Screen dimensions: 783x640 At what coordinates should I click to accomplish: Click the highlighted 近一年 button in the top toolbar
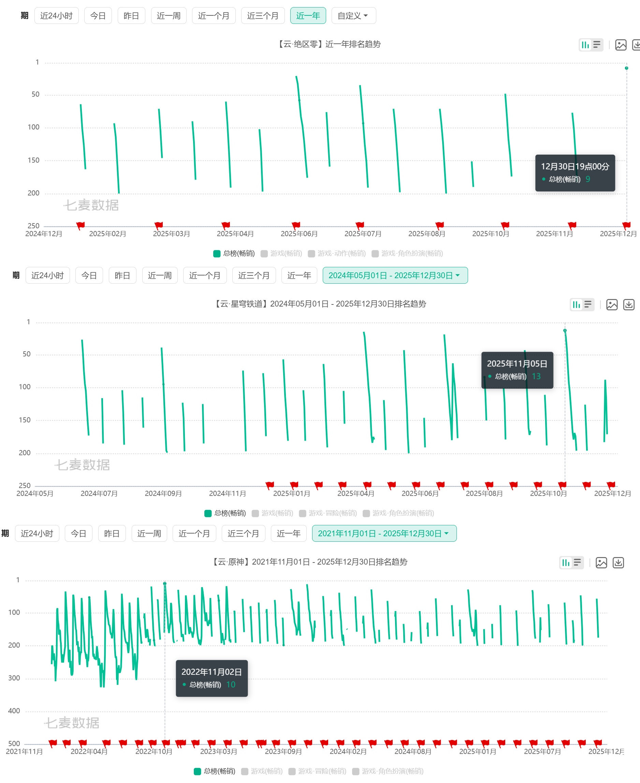coord(308,15)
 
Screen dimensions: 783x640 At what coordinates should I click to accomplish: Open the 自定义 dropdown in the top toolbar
coord(353,15)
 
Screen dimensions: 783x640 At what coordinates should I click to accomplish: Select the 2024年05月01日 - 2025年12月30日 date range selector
coord(395,275)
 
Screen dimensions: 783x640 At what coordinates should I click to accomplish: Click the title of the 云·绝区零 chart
coord(329,44)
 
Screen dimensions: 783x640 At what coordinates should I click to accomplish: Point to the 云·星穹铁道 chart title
coord(320,304)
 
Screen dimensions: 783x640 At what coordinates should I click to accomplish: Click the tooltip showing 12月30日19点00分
coord(575,173)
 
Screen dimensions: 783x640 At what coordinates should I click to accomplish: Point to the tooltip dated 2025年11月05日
coord(517,370)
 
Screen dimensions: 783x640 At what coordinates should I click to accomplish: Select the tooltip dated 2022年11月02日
coord(212,678)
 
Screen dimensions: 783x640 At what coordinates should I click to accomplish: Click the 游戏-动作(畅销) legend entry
coord(337,253)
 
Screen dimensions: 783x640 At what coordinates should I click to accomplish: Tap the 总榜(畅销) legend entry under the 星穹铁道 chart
coord(225,513)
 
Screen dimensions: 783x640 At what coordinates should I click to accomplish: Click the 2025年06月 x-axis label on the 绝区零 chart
coord(299,234)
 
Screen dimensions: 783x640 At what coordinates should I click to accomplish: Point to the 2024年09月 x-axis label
coord(163,494)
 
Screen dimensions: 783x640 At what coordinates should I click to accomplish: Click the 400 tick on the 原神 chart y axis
coord(14,711)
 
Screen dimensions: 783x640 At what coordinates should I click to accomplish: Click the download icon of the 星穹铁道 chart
coord(628,305)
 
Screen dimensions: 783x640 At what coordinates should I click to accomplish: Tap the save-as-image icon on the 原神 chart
coord(601,563)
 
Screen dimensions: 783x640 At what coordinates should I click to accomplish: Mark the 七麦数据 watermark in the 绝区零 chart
coord(91,205)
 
